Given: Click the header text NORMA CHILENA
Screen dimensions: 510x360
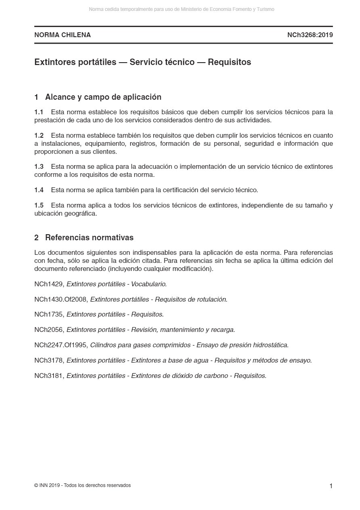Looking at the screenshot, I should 63,35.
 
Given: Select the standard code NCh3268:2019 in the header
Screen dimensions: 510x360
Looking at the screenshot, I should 310,35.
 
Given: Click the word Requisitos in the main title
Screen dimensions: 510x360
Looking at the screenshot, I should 229,62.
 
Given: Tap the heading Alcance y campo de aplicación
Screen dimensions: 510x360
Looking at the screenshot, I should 103,97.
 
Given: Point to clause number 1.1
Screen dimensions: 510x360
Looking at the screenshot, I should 39,112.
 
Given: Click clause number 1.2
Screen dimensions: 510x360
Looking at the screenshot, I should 39,135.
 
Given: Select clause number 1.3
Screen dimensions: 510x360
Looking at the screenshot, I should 39,166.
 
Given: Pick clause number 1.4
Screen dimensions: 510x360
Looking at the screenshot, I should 39,190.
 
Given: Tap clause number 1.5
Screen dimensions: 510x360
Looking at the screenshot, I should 39,205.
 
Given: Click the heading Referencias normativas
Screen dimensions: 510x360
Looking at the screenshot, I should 89,237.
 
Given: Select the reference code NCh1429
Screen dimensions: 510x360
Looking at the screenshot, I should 49,284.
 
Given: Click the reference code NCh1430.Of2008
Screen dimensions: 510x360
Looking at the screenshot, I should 61,299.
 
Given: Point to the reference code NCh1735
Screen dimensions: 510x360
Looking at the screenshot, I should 49,314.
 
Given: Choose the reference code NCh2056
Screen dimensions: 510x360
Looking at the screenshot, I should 49,330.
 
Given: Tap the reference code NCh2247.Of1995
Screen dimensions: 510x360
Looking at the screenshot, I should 61,345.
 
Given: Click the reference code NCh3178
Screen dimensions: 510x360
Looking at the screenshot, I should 49,360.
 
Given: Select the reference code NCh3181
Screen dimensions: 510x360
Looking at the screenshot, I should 49,376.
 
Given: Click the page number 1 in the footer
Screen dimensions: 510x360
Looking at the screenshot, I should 331,486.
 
